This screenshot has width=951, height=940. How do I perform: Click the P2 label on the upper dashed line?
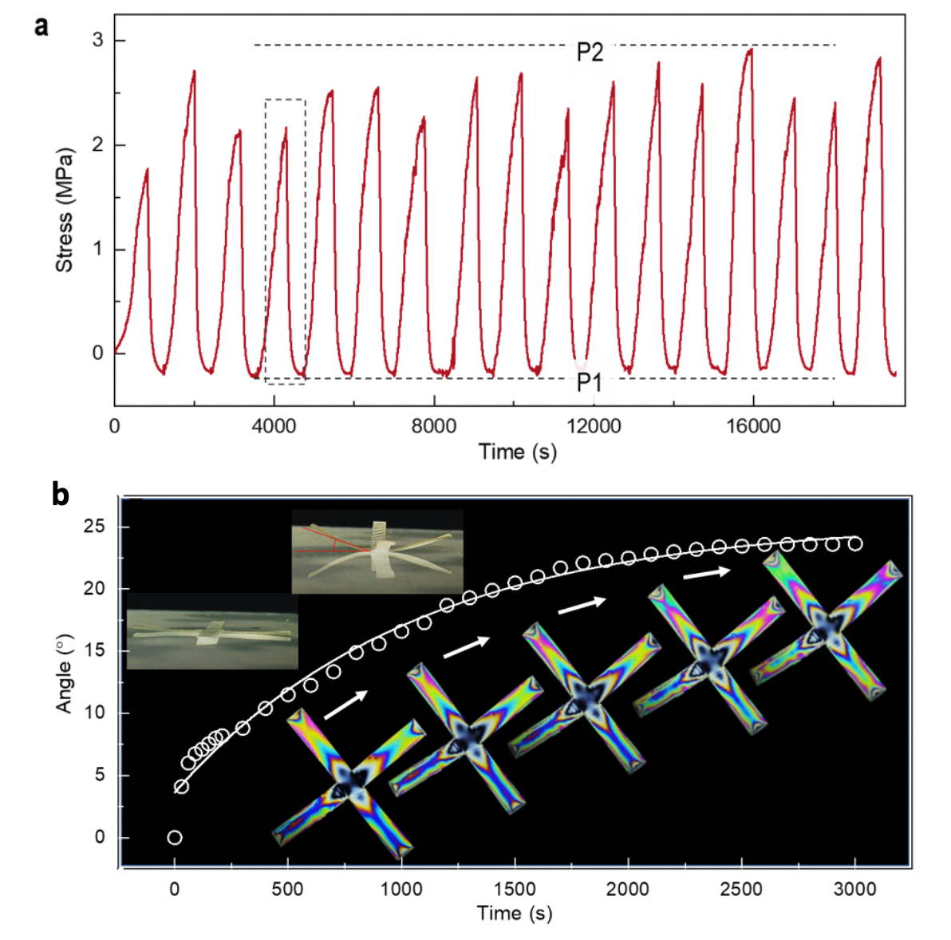point(590,53)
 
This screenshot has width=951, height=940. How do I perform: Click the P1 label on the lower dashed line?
point(590,383)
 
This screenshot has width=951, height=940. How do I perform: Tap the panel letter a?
point(41,26)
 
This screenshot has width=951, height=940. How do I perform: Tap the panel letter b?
point(60,495)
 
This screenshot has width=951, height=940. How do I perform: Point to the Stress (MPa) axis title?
point(64,209)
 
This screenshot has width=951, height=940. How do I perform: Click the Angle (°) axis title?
point(64,673)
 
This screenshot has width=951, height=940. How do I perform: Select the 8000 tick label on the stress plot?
point(434,426)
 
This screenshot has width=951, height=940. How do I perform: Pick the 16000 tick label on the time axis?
point(753,426)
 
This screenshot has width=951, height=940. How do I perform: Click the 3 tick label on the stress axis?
point(97,41)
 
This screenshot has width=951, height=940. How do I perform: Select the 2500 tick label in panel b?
point(741,889)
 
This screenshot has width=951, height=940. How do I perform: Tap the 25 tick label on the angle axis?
point(94,527)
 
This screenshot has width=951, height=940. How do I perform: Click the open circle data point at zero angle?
point(175,837)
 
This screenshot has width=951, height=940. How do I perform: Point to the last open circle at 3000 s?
point(855,544)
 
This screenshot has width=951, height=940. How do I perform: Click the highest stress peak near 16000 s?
point(749,50)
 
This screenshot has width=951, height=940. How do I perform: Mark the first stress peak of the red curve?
point(147,169)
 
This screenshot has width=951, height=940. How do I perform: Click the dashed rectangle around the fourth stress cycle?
point(285,241)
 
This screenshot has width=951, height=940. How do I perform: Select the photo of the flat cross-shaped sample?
point(212,630)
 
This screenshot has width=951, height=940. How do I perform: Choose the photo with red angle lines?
point(377,551)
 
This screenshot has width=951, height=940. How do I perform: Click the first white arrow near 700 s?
point(345,705)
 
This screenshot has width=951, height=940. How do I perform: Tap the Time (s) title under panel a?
point(518,452)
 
